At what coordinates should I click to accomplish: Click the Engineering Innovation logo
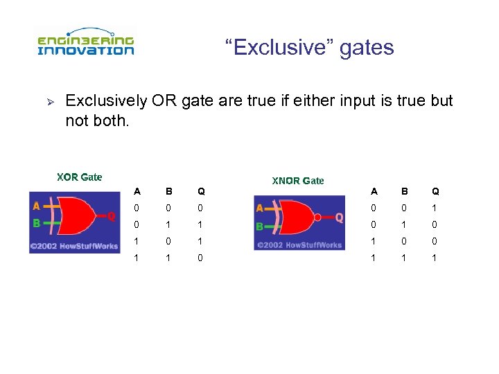(85, 43)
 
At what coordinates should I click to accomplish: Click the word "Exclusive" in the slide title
(275, 48)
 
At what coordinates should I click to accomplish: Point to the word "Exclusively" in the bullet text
(105, 101)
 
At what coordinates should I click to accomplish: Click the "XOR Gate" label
(79, 177)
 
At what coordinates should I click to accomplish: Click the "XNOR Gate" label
(297, 181)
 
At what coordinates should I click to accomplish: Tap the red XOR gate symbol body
(80, 215)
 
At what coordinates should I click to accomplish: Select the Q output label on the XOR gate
(111, 216)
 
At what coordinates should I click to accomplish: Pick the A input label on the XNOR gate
(259, 208)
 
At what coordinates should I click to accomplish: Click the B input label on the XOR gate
(36, 224)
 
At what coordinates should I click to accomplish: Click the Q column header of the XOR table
(201, 191)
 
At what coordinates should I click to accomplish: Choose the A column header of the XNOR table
(374, 191)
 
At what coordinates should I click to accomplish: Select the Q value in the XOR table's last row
(201, 258)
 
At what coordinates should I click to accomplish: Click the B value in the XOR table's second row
(169, 224)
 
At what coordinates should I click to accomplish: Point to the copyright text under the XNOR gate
(299, 244)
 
